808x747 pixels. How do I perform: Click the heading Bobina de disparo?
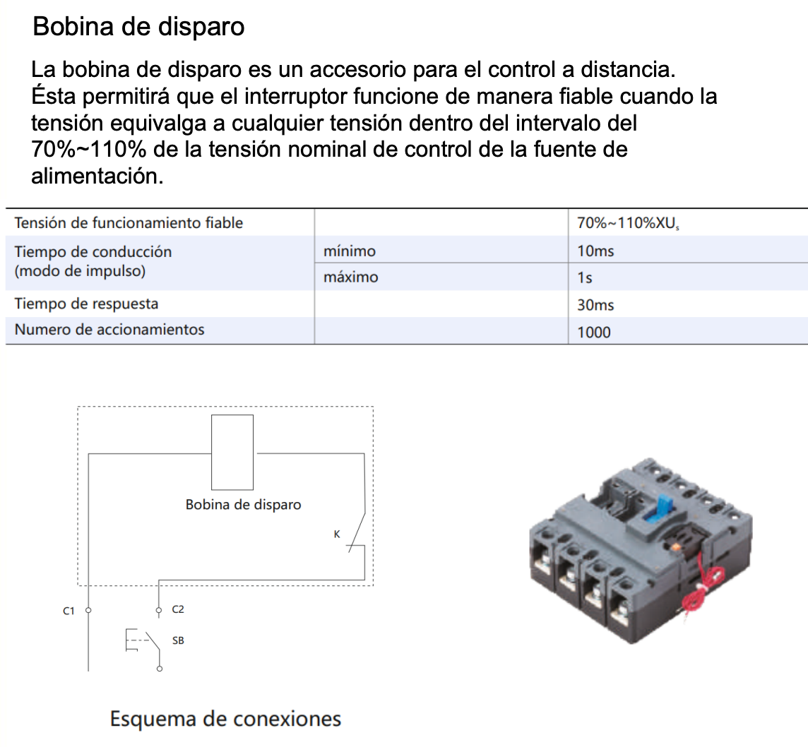139,27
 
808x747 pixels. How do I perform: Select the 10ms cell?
595,251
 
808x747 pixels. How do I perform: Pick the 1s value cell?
584,277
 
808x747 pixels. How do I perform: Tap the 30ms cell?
595,305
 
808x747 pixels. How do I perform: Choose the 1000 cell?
593,332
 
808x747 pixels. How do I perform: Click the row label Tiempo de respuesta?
86,304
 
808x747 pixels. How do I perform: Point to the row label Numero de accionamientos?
109,330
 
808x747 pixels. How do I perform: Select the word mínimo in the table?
349,251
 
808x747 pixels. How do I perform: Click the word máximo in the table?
350,277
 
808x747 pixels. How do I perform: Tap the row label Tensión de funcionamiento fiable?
129,223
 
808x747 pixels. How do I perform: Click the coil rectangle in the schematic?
232,453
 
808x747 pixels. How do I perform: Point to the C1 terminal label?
69,611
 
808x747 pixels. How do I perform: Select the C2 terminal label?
178,609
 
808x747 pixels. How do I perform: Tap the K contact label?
337,534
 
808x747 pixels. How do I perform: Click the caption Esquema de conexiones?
225,719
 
